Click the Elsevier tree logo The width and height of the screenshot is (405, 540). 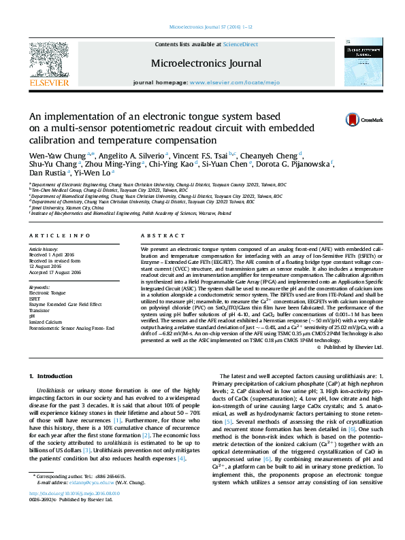pos(48,63)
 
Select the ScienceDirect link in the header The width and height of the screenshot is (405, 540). pos(241,44)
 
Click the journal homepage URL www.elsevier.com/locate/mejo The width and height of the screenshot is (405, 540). pos(226,82)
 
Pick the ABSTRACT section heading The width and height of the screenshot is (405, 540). pos(162,235)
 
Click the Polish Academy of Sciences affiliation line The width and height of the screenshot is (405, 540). pos(131,213)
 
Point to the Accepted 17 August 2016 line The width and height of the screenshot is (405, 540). pos(54,272)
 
